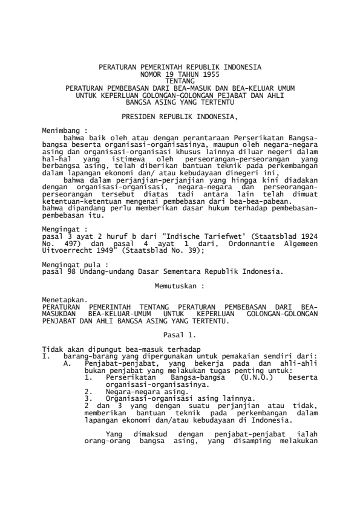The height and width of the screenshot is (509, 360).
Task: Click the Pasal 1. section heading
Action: pyautogui.click(x=179, y=334)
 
